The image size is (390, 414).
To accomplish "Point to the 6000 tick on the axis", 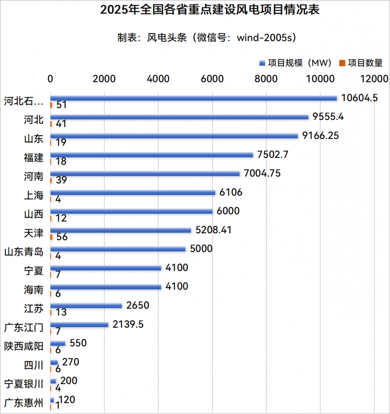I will tap(212, 79).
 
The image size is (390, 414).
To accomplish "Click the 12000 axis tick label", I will tap(374, 79).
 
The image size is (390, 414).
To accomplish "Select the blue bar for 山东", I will tap(174, 136).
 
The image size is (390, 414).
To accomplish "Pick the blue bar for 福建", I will tap(152, 155).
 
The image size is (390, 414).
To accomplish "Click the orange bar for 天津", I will tap(51, 237).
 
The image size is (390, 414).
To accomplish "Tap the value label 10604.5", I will tap(359, 98).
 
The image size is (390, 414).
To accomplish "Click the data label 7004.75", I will tap(262, 173).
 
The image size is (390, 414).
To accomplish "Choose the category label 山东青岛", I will tap(24, 252).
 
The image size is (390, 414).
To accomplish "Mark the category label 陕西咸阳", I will tap(24, 346).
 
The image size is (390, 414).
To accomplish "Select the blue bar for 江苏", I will tap(86, 306).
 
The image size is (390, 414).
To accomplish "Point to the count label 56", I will tap(62, 237).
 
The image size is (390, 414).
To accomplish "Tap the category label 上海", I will tap(34, 195).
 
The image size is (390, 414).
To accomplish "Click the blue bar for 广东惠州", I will tap(52, 400).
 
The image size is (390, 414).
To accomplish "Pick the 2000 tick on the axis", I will tap(104, 79).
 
